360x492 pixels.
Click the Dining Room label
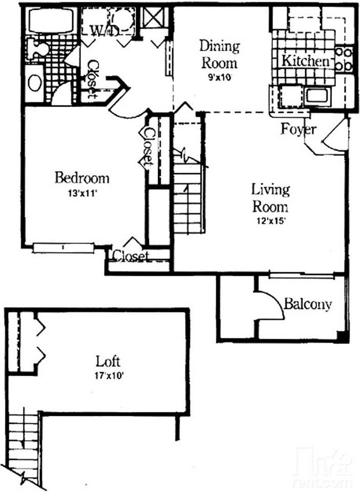(x=220, y=54)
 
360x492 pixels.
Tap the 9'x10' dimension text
(x=220, y=77)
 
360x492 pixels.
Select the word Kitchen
(x=305, y=61)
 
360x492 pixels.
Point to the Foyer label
(x=298, y=129)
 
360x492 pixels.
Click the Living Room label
(x=270, y=198)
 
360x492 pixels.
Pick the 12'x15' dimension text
(x=270, y=221)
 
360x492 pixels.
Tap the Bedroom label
(x=82, y=178)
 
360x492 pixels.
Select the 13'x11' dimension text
(x=81, y=194)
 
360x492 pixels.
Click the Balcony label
(x=308, y=304)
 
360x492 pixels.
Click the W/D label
(x=105, y=30)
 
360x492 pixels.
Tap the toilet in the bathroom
(x=37, y=49)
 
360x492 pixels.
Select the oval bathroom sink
(x=35, y=83)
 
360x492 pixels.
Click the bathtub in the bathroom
(x=51, y=20)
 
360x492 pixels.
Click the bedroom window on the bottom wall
(x=63, y=248)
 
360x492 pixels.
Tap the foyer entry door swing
(x=334, y=136)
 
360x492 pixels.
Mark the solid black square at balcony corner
(x=343, y=337)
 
